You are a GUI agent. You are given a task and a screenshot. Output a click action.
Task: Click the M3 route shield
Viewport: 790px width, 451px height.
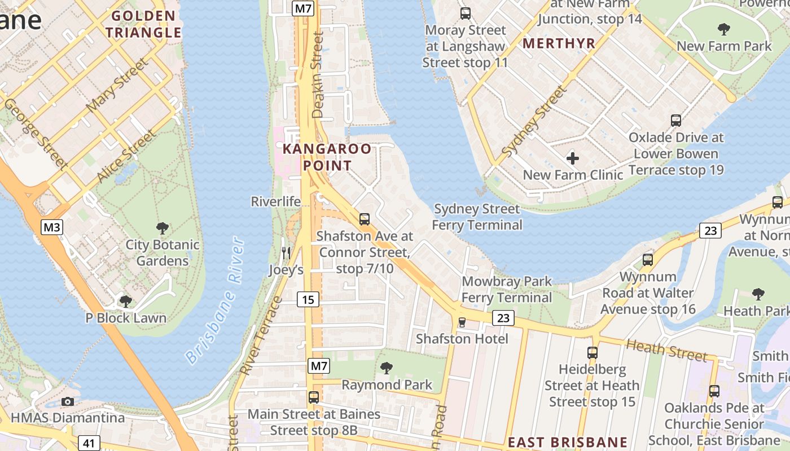52,227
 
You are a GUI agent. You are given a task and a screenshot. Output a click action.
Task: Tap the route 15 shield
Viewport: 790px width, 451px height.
308,299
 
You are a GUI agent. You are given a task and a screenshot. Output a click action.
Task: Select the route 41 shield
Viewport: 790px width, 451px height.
89,443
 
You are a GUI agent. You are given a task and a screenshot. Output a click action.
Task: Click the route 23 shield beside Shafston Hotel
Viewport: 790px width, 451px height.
503,318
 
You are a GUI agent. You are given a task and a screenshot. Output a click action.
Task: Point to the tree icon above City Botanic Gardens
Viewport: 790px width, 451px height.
163,228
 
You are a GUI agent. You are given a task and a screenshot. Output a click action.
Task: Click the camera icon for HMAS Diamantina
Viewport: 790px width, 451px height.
68,401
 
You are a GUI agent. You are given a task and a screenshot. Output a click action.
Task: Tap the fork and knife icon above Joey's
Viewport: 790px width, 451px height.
286,253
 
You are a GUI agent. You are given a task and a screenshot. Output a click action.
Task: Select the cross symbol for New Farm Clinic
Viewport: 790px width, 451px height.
572,158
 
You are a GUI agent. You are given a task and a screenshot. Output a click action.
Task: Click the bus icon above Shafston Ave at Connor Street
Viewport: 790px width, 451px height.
365,219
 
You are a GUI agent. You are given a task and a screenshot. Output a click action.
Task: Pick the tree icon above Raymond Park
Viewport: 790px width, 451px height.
387,368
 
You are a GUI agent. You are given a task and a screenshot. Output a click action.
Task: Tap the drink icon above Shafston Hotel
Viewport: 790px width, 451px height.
462,322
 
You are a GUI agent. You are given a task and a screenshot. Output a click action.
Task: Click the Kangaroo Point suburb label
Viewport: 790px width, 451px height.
327,157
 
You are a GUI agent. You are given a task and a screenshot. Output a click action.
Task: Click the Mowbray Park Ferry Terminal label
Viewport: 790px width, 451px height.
507,289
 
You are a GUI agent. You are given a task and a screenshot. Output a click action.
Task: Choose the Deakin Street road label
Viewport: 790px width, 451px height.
318,74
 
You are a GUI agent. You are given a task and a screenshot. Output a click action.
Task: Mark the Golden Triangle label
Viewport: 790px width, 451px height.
143,24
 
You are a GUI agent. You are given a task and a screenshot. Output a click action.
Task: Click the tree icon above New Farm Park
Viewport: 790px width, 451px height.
723,29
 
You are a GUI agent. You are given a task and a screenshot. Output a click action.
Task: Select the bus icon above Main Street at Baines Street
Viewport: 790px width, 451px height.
314,397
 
